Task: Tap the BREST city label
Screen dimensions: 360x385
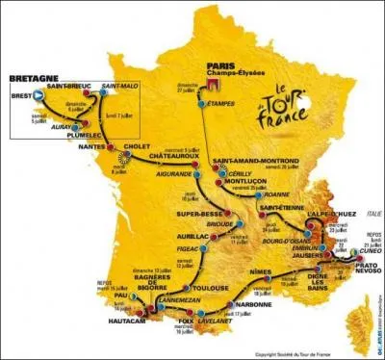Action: pyautogui.click(x=20, y=93)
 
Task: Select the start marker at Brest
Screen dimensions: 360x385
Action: pyautogui.click(x=38, y=94)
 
